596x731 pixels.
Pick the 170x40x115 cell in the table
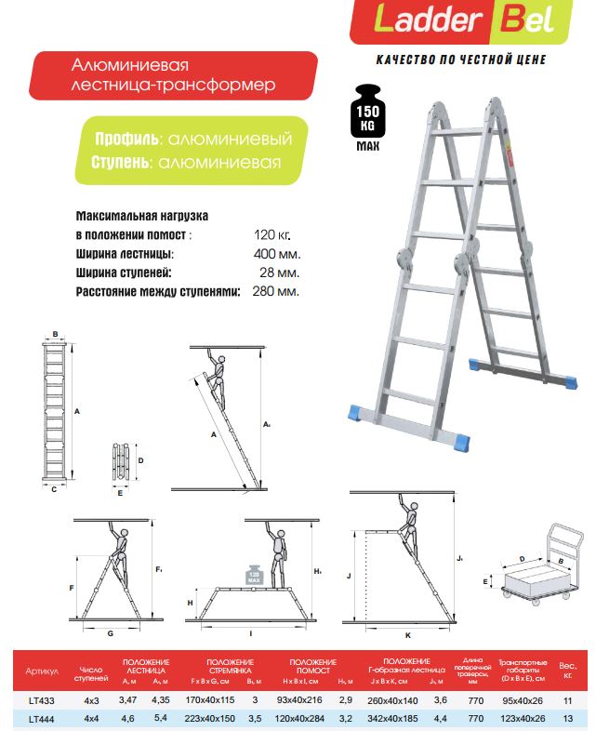click(210, 699)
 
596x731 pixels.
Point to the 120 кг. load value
click(272, 235)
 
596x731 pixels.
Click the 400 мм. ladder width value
click(277, 254)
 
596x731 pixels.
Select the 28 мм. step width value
click(280, 272)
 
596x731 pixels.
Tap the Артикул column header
click(43, 671)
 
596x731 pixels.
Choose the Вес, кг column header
click(567, 671)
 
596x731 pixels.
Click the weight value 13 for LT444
click(567, 717)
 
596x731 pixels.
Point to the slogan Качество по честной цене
click(460, 60)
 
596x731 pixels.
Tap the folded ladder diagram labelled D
click(121, 462)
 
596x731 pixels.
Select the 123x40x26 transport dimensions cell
click(522, 717)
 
